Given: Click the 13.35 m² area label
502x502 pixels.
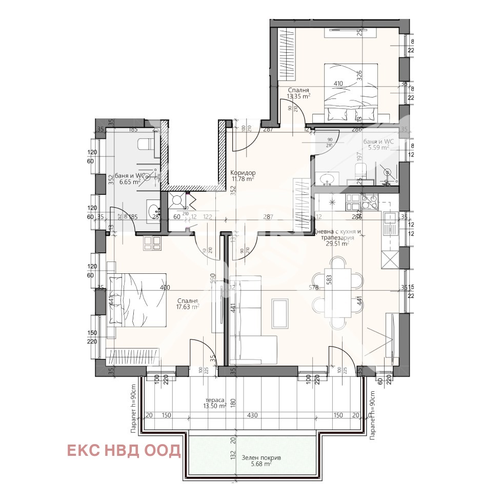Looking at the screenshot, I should click(298, 95).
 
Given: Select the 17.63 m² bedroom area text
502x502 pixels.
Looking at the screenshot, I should click(188, 308).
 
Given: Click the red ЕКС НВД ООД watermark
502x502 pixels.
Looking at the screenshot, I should click(124, 451).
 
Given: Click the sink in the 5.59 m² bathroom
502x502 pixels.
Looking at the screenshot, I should click(327, 179).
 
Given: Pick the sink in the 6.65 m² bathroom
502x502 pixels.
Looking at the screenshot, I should click(153, 210).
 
